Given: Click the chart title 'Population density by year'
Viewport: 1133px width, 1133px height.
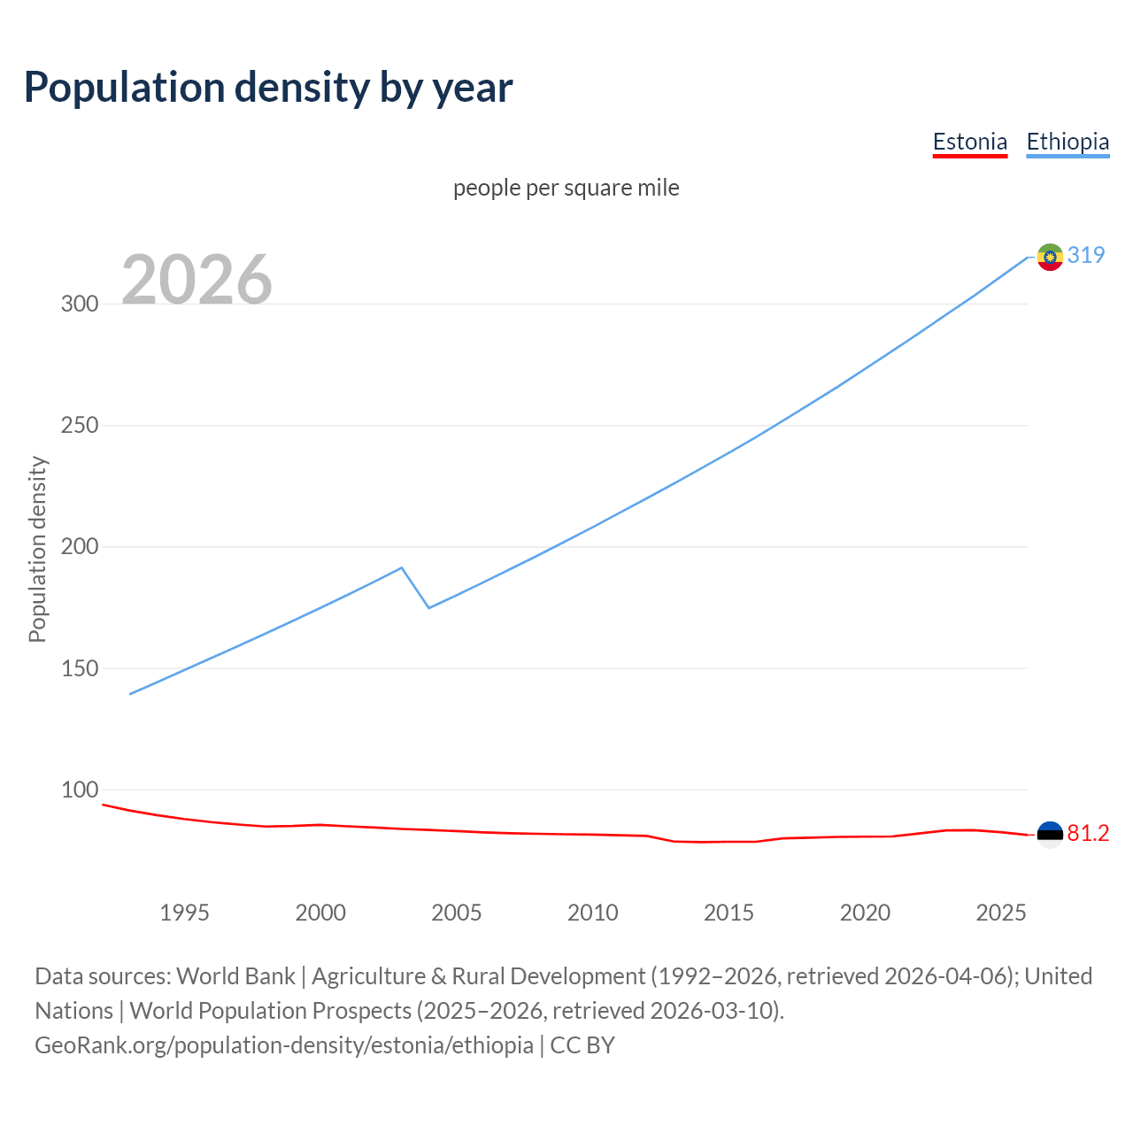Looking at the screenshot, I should (268, 87).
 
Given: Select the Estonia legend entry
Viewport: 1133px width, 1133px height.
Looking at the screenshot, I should (970, 142).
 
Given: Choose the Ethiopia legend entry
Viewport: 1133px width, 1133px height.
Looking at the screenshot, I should (1067, 142).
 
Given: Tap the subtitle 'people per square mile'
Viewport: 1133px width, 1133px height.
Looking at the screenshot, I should (566, 188).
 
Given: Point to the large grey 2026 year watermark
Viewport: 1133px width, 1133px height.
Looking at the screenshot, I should (197, 280).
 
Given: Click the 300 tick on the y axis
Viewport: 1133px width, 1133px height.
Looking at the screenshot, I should (80, 304).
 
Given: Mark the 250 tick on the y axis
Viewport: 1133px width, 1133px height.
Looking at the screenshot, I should (80, 425).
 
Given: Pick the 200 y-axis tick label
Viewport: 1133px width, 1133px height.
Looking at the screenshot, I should (80, 546).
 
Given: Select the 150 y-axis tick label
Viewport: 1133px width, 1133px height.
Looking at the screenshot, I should (80, 668).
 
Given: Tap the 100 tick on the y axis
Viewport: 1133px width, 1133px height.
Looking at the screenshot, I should (80, 790).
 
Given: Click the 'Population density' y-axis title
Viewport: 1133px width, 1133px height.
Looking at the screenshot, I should (37, 549).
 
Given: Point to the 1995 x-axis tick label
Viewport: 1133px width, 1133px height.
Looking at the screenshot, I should (184, 913).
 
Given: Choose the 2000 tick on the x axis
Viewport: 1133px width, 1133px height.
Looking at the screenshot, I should (320, 913).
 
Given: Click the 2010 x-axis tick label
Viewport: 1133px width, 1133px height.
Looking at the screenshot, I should (593, 913).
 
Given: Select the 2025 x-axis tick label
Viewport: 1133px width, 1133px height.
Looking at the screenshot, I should (1001, 913).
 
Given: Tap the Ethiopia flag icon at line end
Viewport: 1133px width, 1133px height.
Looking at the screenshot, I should (1050, 257).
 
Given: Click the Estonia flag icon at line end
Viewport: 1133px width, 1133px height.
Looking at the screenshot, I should (1050, 834).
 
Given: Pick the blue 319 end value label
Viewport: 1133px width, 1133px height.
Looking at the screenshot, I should (1086, 255).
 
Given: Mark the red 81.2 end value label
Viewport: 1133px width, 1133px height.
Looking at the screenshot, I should (1088, 833).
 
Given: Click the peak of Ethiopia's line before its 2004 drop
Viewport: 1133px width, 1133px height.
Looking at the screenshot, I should (402, 567).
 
